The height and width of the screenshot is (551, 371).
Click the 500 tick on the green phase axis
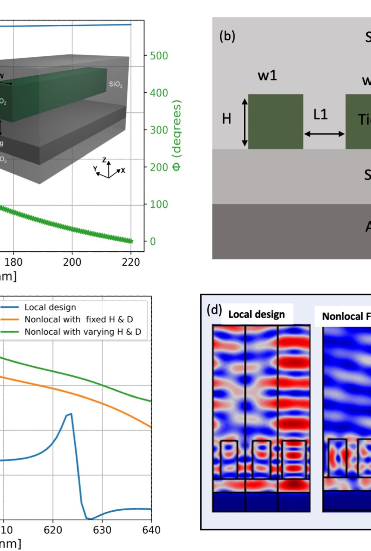coord(159,56)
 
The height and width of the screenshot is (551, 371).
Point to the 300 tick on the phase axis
coord(159,130)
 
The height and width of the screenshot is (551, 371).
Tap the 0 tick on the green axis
coord(153,241)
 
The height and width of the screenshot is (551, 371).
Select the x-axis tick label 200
coord(72,262)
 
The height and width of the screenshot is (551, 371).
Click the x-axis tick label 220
coord(131,262)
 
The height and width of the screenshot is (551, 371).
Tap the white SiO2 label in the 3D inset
coord(115,84)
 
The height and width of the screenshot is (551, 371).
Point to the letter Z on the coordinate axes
coord(105,160)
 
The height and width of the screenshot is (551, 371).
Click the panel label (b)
coord(227,37)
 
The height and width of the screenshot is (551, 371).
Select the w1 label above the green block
coord(267,76)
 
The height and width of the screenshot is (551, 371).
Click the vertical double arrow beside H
coord(245,122)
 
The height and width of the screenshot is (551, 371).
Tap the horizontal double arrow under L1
coord(324,134)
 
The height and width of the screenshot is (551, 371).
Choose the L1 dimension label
coord(320,115)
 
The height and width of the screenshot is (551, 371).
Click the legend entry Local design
coord(50,307)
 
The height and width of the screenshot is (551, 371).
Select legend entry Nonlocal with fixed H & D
coord(78,319)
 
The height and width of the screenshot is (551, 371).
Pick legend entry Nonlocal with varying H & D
coord(83,332)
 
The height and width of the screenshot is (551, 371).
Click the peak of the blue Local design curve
coord(71,414)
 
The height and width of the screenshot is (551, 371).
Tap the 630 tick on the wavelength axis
coord(102,530)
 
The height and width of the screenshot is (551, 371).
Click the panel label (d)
coord(214,310)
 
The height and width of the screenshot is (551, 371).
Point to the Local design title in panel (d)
coord(257,314)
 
